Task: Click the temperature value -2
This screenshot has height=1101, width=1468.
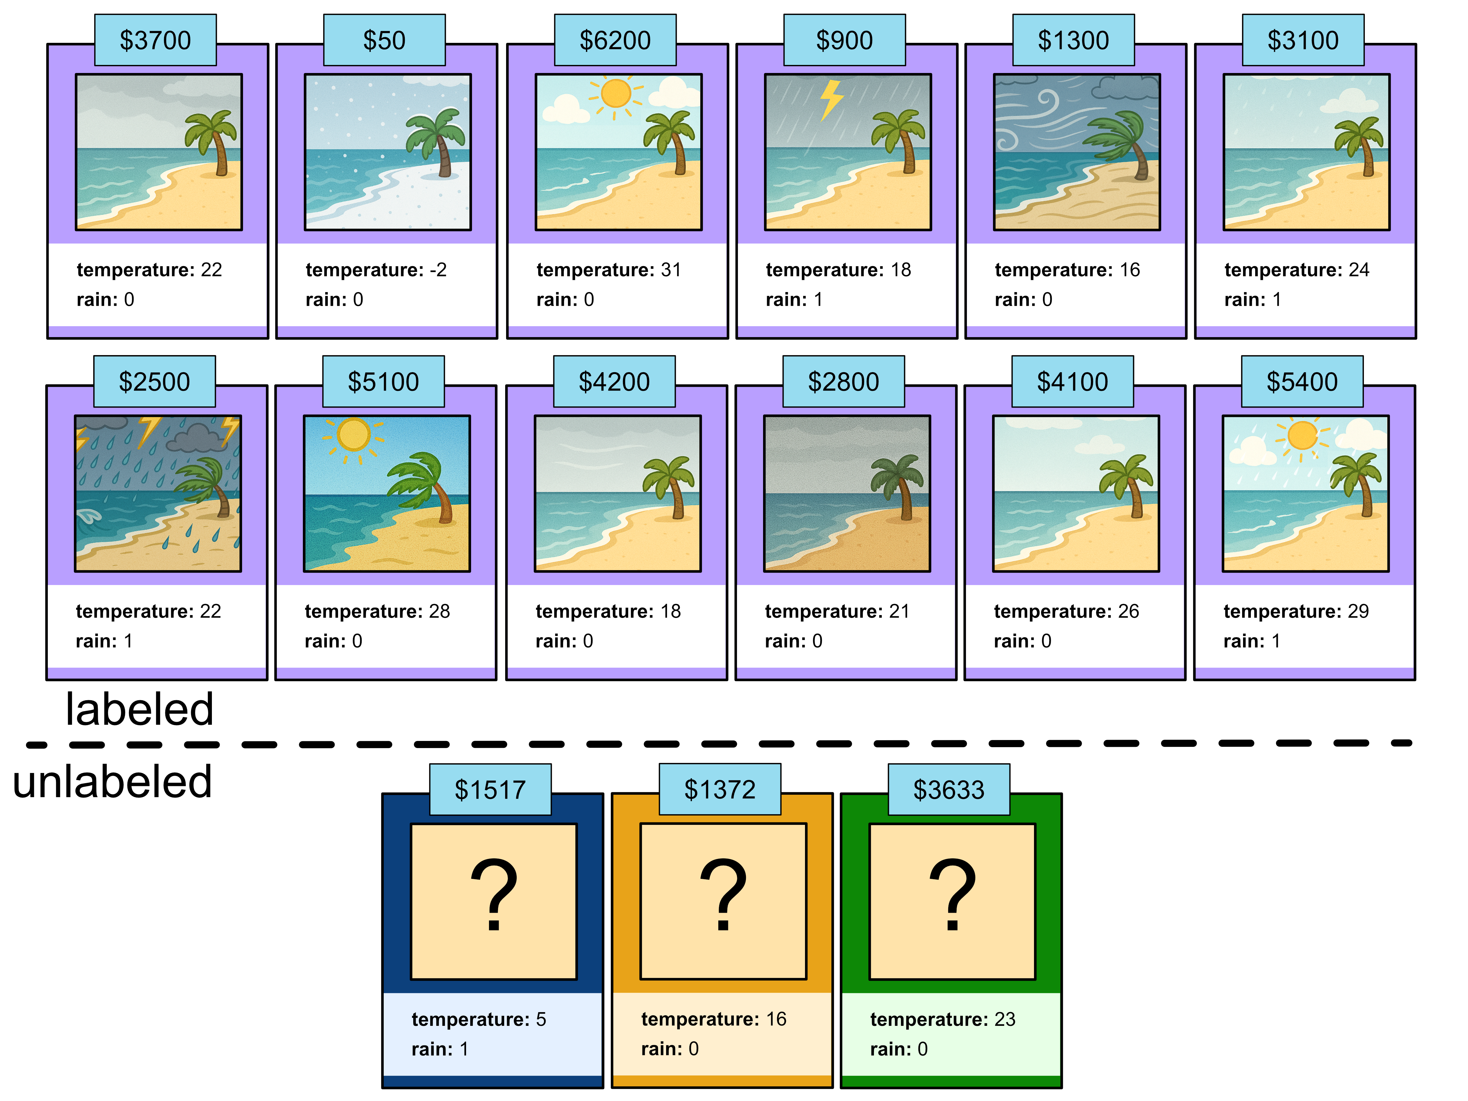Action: (438, 270)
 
